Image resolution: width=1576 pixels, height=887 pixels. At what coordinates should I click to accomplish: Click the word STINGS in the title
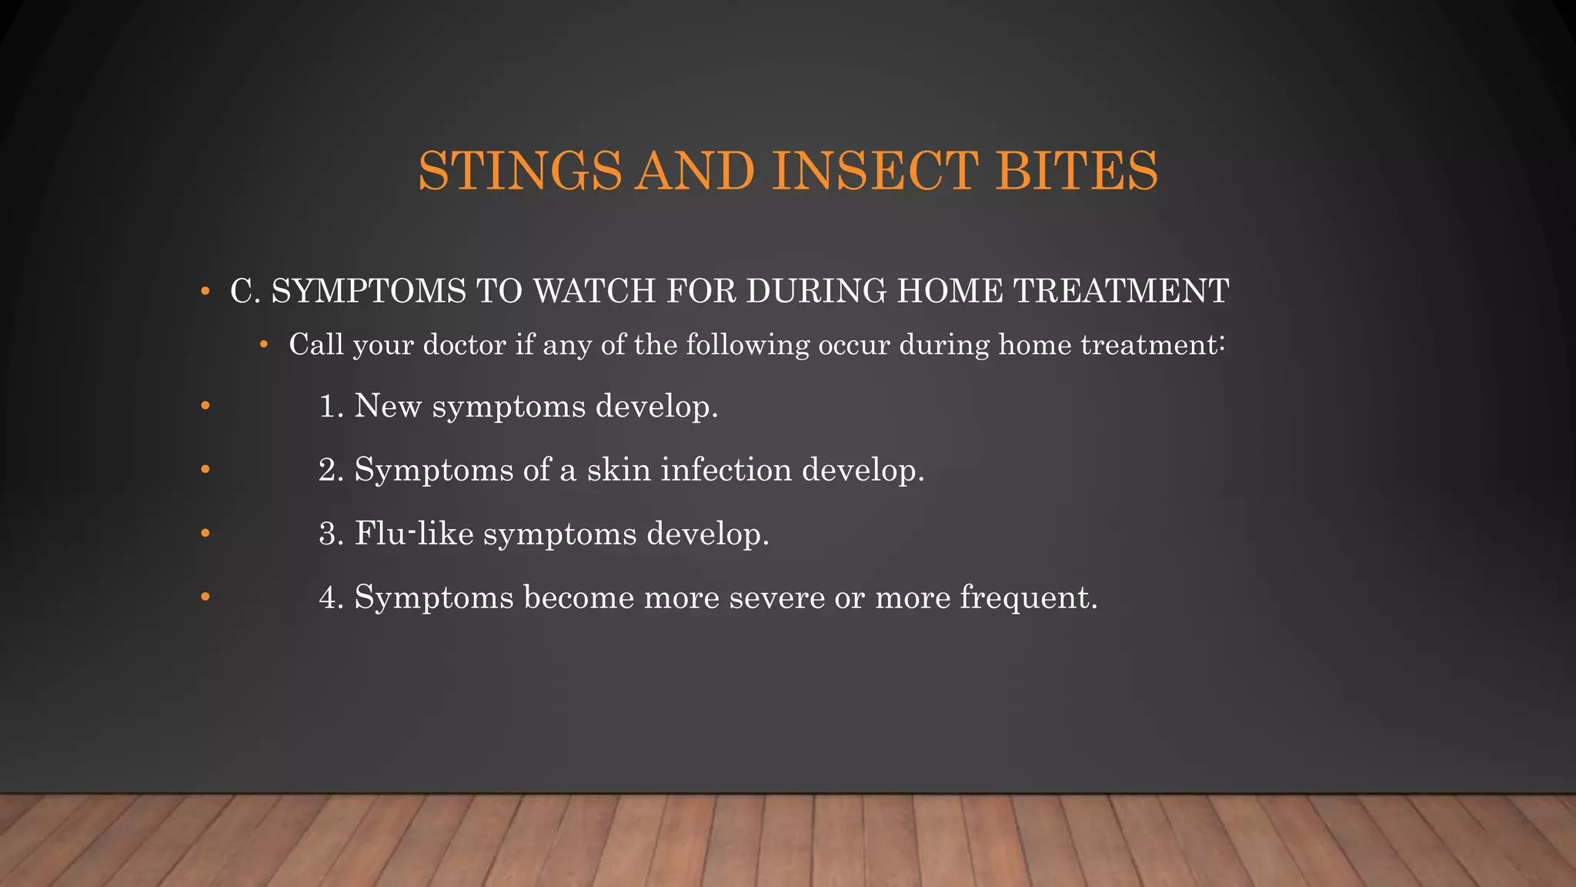pos(519,170)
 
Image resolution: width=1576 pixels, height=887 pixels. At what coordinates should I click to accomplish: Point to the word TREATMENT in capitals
pos(1120,291)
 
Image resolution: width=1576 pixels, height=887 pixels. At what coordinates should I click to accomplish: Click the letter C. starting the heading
pos(245,291)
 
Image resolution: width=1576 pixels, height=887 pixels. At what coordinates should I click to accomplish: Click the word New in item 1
pos(388,407)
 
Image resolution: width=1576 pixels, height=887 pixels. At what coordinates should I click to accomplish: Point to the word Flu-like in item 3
pos(414,534)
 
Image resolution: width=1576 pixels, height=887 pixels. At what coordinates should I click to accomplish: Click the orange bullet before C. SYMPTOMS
pos(205,292)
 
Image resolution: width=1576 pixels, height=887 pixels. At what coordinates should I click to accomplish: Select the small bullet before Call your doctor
pos(264,345)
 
